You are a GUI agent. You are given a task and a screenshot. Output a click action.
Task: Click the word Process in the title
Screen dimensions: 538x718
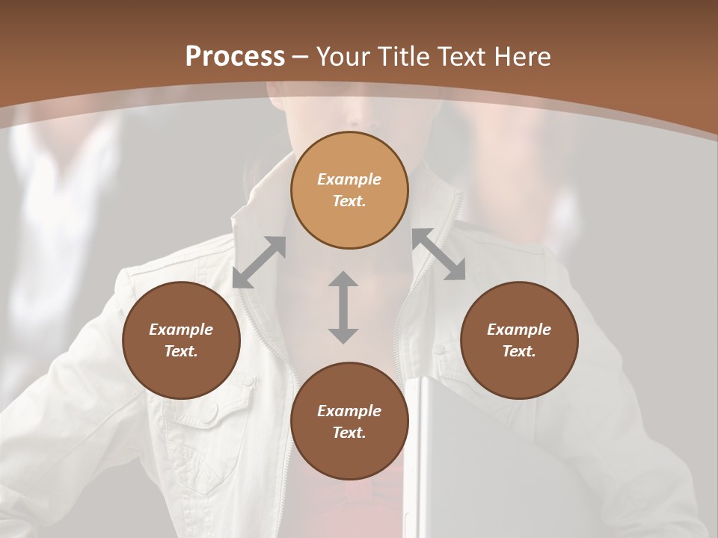coord(235,57)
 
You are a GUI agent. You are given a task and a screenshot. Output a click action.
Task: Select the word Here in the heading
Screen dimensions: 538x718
coord(521,57)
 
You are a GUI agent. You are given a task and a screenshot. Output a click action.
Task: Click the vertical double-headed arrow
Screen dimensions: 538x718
coord(343,307)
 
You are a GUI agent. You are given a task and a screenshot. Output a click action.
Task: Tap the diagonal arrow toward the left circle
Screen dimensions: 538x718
coord(259,262)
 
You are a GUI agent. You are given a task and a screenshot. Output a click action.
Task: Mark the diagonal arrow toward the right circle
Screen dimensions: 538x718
coord(438,255)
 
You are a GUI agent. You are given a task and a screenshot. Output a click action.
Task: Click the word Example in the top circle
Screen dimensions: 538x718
coord(349,179)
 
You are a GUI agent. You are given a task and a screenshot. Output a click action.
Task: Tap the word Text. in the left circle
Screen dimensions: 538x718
coord(181,351)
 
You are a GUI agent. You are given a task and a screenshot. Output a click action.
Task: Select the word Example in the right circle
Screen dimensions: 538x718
coord(519,330)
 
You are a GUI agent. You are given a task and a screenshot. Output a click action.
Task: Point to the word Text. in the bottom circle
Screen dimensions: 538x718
coord(349,433)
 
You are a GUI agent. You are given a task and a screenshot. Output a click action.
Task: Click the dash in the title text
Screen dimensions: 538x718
coord(301,57)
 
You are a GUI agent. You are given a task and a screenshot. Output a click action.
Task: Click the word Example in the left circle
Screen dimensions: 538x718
coord(181,330)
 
